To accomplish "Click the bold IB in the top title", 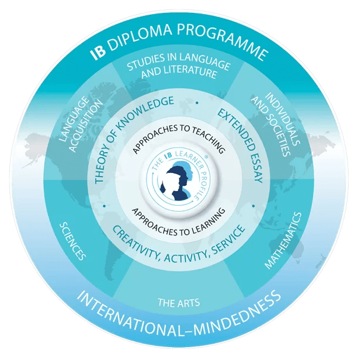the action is click(x=98, y=53).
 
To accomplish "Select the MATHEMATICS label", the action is click(x=283, y=240).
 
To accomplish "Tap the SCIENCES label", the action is click(x=73, y=241).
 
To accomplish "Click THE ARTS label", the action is click(x=179, y=303).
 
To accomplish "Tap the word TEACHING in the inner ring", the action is click(x=207, y=136).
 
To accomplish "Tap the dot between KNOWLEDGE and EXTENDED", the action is click(x=197, y=103).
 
